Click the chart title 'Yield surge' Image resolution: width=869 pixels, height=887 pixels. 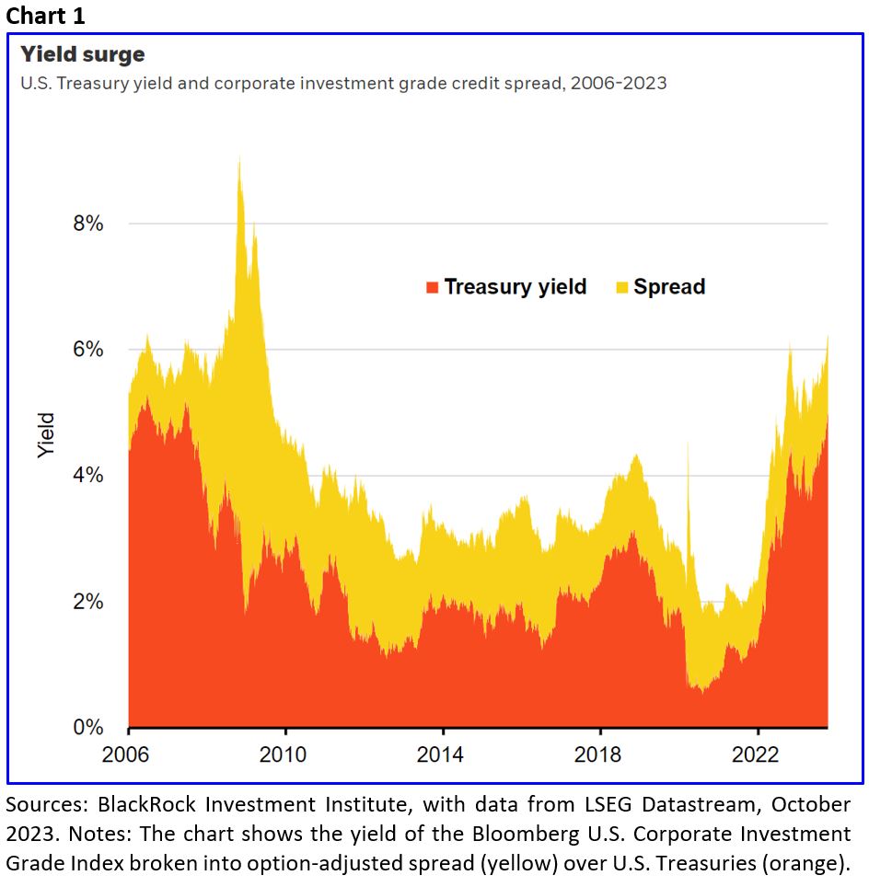pyautogui.click(x=83, y=54)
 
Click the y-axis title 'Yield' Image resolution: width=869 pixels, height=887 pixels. pyautogui.click(x=46, y=436)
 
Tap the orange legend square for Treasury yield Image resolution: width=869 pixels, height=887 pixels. pyautogui.click(x=432, y=287)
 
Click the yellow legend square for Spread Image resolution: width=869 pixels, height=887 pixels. pyautogui.click(x=621, y=287)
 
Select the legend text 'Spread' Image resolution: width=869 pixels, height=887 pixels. pyautogui.click(x=669, y=286)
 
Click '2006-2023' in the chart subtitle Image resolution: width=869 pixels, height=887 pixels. pyautogui.click(x=619, y=83)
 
